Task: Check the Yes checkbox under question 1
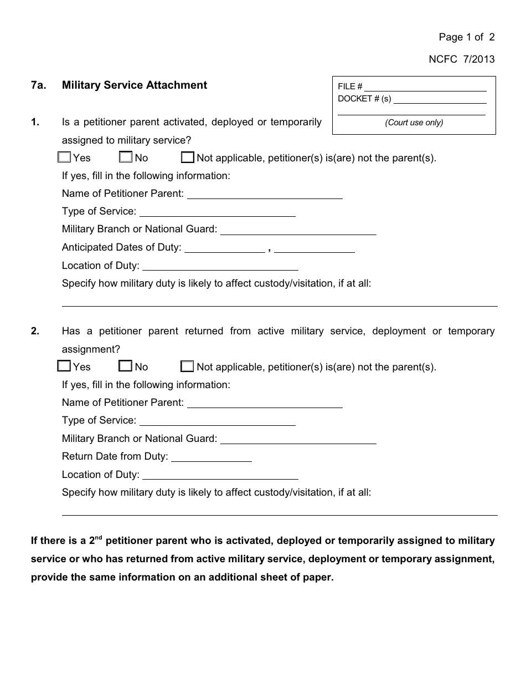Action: [x=64, y=157]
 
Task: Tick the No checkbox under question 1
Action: [x=126, y=157]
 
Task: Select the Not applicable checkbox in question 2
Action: [x=187, y=367]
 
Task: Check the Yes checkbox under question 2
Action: [x=64, y=367]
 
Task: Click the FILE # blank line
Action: [x=425, y=87]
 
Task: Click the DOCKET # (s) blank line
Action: [x=440, y=99]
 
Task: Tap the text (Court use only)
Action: [x=414, y=123]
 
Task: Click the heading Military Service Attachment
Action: [x=135, y=85]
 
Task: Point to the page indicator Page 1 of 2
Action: [x=466, y=37]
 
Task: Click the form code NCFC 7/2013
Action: [x=461, y=59]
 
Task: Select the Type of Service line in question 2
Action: [x=216, y=421]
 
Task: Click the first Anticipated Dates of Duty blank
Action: [x=224, y=248]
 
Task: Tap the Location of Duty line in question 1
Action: [x=220, y=266]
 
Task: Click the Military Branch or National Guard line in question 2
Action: [x=298, y=439]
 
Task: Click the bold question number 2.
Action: [x=35, y=331]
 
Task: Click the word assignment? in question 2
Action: [x=91, y=349]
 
